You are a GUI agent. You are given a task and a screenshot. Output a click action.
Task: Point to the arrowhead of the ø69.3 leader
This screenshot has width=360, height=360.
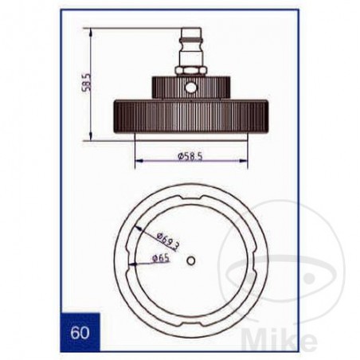click(135, 226)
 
